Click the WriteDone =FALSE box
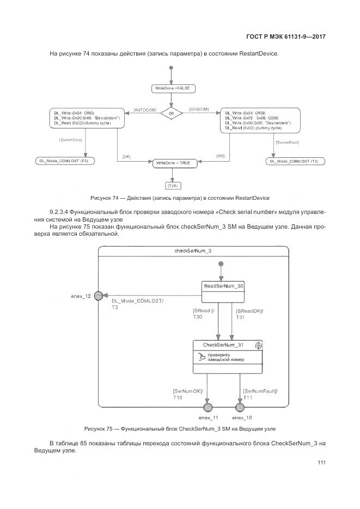click(x=172, y=88)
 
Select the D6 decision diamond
click(x=172, y=114)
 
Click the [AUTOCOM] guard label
click(x=145, y=110)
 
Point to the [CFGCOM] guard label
click(x=200, y=110)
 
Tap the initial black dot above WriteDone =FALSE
click(x=172, y=68)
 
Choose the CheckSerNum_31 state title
click(x=223, y=345)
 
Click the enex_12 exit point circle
click(x=98, y=296)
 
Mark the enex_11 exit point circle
click(x=208, y=408)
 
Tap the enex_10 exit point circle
click(x=239, y=408)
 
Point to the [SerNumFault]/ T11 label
click(x=260, y=394)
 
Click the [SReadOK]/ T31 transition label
click(x=249, y=314)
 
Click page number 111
click(x=321, y=463)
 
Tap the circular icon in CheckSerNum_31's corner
click(x=259, y=345)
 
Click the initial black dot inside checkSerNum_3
click(x=221, y=264)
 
